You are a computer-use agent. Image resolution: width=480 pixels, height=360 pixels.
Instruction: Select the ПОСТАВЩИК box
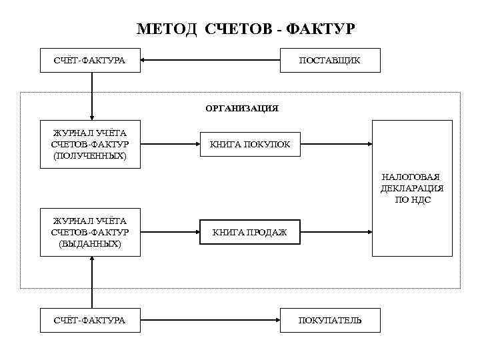coord(330,61)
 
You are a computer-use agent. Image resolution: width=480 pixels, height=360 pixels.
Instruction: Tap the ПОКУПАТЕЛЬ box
coord(330,321)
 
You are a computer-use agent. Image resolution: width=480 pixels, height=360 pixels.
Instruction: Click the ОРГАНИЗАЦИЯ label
coord(241,107)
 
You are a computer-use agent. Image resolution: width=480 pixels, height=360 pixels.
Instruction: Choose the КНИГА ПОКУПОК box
coord(250,144)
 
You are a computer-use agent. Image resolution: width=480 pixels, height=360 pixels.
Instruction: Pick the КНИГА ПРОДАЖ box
coord(250,233)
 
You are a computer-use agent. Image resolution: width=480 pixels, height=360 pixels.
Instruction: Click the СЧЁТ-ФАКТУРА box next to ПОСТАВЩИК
coord(90,61)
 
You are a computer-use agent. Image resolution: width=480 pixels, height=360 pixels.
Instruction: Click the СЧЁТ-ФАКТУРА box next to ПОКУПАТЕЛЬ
coord(90,321)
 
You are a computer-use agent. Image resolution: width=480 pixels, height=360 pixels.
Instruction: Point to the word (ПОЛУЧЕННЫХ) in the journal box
coord(90,155)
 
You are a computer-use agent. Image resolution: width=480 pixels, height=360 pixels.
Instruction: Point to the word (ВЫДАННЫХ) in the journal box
coord(90,244)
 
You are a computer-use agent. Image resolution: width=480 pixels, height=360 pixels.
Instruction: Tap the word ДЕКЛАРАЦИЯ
coord(412,188)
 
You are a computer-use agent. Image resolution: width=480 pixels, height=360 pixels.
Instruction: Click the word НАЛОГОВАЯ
coord(412,177)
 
